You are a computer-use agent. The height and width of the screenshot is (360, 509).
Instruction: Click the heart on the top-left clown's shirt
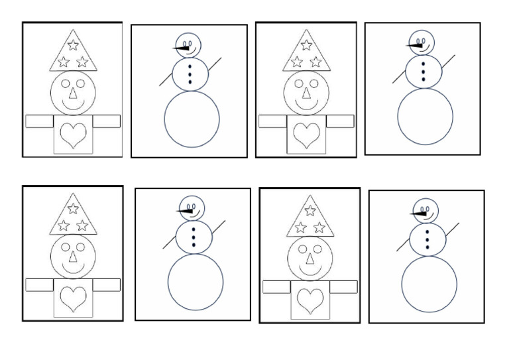coord(73,136)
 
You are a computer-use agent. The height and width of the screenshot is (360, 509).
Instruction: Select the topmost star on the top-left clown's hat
coord(74,46)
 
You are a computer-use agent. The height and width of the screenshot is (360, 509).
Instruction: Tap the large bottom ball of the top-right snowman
coord(425,116)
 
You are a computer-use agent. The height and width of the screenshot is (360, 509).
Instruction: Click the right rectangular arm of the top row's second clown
coord(340,121)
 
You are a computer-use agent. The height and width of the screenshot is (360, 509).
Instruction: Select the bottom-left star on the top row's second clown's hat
coord(297,62)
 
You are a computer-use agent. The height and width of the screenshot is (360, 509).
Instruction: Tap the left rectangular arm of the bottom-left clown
coord(38,284)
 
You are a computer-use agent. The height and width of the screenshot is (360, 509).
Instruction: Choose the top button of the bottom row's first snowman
coord(194,227)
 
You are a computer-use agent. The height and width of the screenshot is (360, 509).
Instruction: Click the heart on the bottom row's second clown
coord(310,300)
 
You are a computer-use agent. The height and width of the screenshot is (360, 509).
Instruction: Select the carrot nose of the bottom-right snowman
coord(418,214)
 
